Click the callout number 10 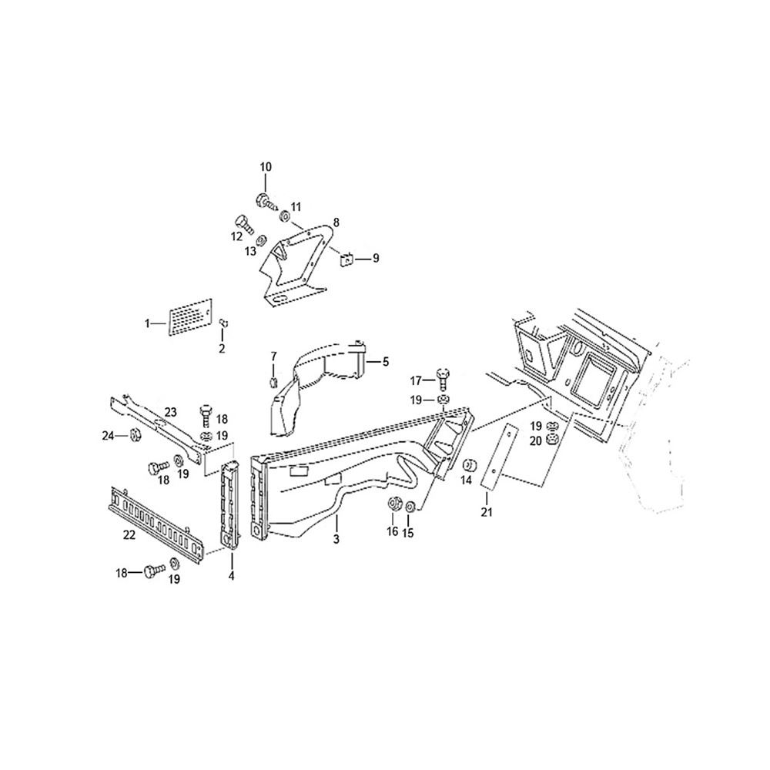pos(265,167)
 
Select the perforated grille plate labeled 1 pos(190,317)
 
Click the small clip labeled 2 pos(223,323)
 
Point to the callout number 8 pos(336,223)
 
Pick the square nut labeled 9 pos(347,258)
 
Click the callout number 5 pos(386,362)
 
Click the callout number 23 pos(170,412)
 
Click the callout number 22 pos(129,535)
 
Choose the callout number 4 pos(231,575)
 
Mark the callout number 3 pos(336,539)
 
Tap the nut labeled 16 pos(393,504)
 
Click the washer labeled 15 pos(411,506)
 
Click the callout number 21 pos(486,512)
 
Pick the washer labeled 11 pos(285,216)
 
